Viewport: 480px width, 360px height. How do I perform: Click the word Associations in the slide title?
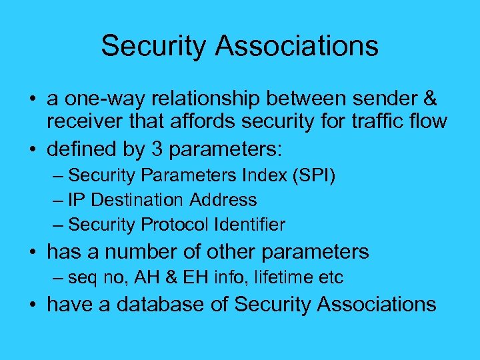click(x=308, y=46)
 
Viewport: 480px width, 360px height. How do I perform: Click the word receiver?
click(x=85, y=122)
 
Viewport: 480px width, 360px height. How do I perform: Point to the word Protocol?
click(x=173, y=225)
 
